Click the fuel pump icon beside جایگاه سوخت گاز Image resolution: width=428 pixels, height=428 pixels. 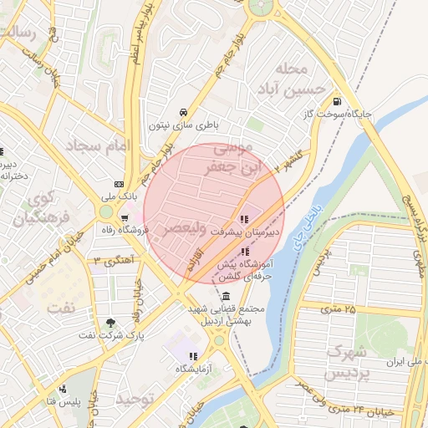click(x=337, y=98)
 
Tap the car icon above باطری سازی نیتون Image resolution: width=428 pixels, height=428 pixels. click(x=182, y=112)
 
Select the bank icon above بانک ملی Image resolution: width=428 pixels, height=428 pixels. click(x=119, y=184)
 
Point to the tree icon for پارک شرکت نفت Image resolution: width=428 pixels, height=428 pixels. click(x=110, y=324)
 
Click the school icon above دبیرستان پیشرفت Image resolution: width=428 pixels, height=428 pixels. click(x=243, y=219)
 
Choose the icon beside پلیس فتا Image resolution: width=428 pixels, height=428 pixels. click(x=62, y=389)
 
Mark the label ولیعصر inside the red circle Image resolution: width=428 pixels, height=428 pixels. click(x=181, y=227)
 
